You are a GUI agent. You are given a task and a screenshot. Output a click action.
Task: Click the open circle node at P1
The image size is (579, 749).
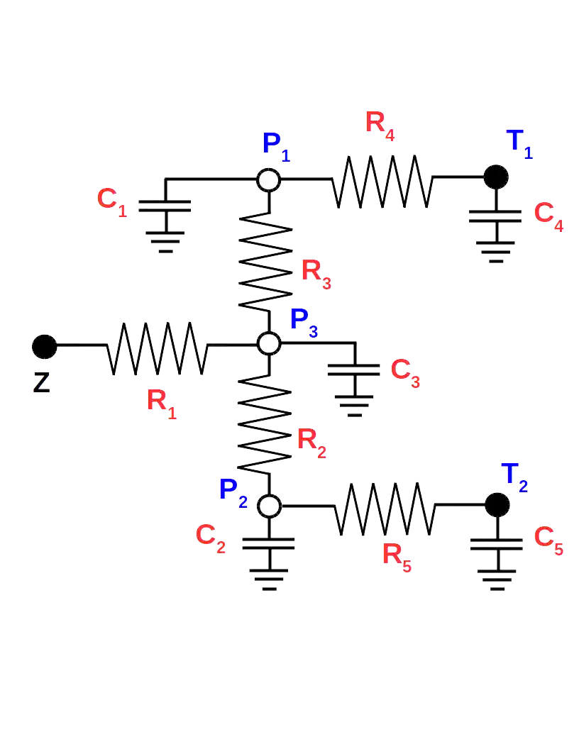click(x=269, y=179)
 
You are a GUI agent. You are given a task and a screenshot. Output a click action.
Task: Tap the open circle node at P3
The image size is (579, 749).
click(x=269, y=344)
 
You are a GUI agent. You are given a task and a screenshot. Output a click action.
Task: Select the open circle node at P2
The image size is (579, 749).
click(x=269, y=505)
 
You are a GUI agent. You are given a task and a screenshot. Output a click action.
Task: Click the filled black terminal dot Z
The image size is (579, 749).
click(x=44, y=346)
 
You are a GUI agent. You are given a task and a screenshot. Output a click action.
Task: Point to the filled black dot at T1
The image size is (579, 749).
click(x=496, y=177)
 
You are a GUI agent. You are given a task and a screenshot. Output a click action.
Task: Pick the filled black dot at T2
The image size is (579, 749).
click(x=496, y=504)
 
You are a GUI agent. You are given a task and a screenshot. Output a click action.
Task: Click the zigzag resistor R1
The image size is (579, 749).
click(x=157, y=348)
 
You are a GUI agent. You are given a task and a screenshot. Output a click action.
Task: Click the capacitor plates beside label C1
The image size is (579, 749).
click(x=165, y=206)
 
